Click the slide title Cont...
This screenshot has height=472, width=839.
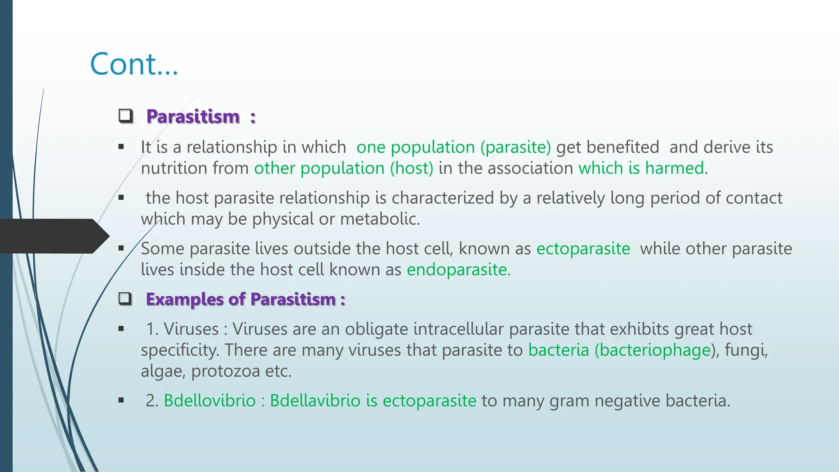134,64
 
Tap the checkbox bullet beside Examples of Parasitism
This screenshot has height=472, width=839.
125,299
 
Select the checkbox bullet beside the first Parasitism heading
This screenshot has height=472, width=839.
126,116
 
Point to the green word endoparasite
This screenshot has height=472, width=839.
458,270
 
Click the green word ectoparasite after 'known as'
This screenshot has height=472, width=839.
583,249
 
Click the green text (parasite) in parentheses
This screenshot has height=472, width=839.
516,147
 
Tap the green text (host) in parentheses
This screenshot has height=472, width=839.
411,168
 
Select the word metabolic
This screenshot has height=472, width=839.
380,219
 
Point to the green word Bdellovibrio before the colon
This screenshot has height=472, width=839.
209,401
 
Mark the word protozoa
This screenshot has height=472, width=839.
226,371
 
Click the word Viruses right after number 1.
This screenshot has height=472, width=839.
191,329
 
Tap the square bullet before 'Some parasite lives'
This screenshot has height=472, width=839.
121,248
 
